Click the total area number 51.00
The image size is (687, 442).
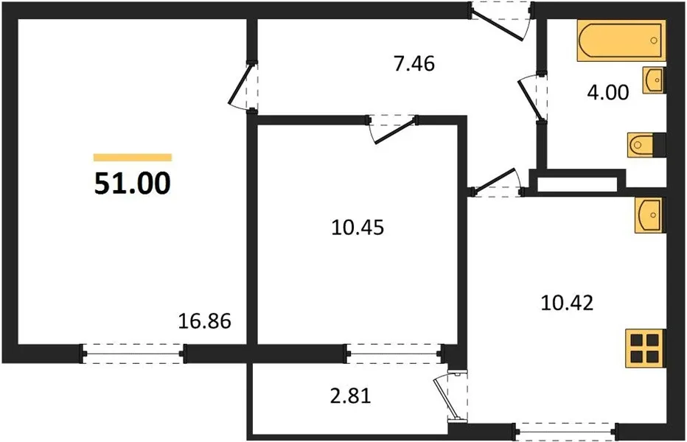pyautogui.click(x=132, y=183)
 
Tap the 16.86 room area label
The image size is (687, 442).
pyautogui.click(x=205, y=321)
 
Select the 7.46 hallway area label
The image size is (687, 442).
pyautogui.click(x=414, y=64)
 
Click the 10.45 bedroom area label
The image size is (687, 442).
pyautogui.click(x=359, y=227)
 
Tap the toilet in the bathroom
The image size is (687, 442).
pyautogui.click(x=646, y=145)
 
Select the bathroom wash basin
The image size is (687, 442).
pyautogui.click(x=653, y=80)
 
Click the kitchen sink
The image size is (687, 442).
pyautogui.click(x=649, y=214)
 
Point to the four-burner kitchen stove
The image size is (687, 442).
pyautogui.click(x=644, y=347)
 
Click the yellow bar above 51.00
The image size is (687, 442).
pyautogui.click(x=132, y=157)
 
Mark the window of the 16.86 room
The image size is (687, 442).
pyautogui.click(x=133, y=354)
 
